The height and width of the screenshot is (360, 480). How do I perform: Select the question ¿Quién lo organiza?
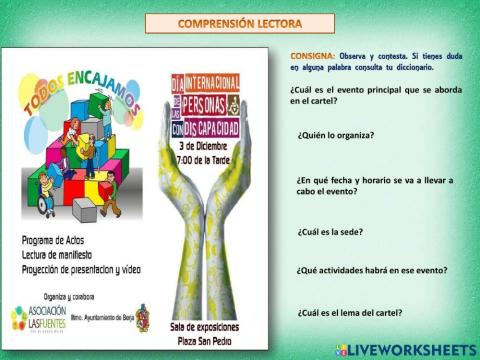click(x=335, y=135)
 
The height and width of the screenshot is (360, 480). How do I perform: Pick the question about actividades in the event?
click(x=371, y=270)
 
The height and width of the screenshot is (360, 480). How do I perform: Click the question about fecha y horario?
click(x=374, y=185)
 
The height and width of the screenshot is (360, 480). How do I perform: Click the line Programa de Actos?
click(x=51, y=240)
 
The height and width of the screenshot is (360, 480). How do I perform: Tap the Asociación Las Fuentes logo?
click(x=38, y=318)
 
